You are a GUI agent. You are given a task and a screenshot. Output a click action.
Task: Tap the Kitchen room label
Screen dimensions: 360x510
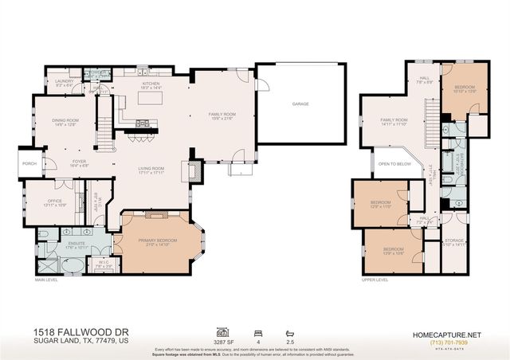[x=151, y=83]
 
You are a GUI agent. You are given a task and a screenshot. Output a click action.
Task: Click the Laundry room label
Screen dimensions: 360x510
[x=64, y=80]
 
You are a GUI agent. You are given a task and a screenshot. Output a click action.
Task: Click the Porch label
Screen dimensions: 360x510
[x=29, y=164]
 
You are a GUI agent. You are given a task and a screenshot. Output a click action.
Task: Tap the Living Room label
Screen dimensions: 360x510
[x=151, y=169]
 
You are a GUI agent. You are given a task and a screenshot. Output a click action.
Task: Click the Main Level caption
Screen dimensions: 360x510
[x=46, y=280]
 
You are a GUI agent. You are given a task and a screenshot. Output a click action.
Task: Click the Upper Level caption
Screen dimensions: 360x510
[x=375, y=280]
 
